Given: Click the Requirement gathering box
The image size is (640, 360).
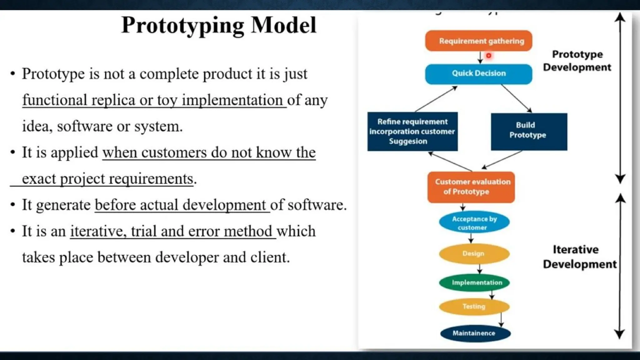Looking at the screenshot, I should (478, 41).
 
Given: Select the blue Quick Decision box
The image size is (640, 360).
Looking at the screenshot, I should (478, 73).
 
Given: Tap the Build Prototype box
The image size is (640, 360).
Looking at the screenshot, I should (529, 132).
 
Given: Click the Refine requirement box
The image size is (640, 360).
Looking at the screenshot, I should (412, 132).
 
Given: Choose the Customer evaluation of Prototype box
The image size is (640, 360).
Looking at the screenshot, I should (471, 187).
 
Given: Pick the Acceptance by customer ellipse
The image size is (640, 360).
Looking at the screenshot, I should (474, 222).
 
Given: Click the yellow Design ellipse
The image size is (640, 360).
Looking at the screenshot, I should (474, 253).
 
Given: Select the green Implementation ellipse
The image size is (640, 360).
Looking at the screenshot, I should (474, 282).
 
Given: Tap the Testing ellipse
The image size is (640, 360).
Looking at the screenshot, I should (474, 307).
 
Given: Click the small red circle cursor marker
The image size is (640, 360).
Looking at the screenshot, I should (488, 56).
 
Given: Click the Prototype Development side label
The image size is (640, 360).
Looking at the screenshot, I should (577, 61).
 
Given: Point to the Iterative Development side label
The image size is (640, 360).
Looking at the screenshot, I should (579, 257).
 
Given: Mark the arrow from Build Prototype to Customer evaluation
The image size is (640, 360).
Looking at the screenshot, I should (502, 160).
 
